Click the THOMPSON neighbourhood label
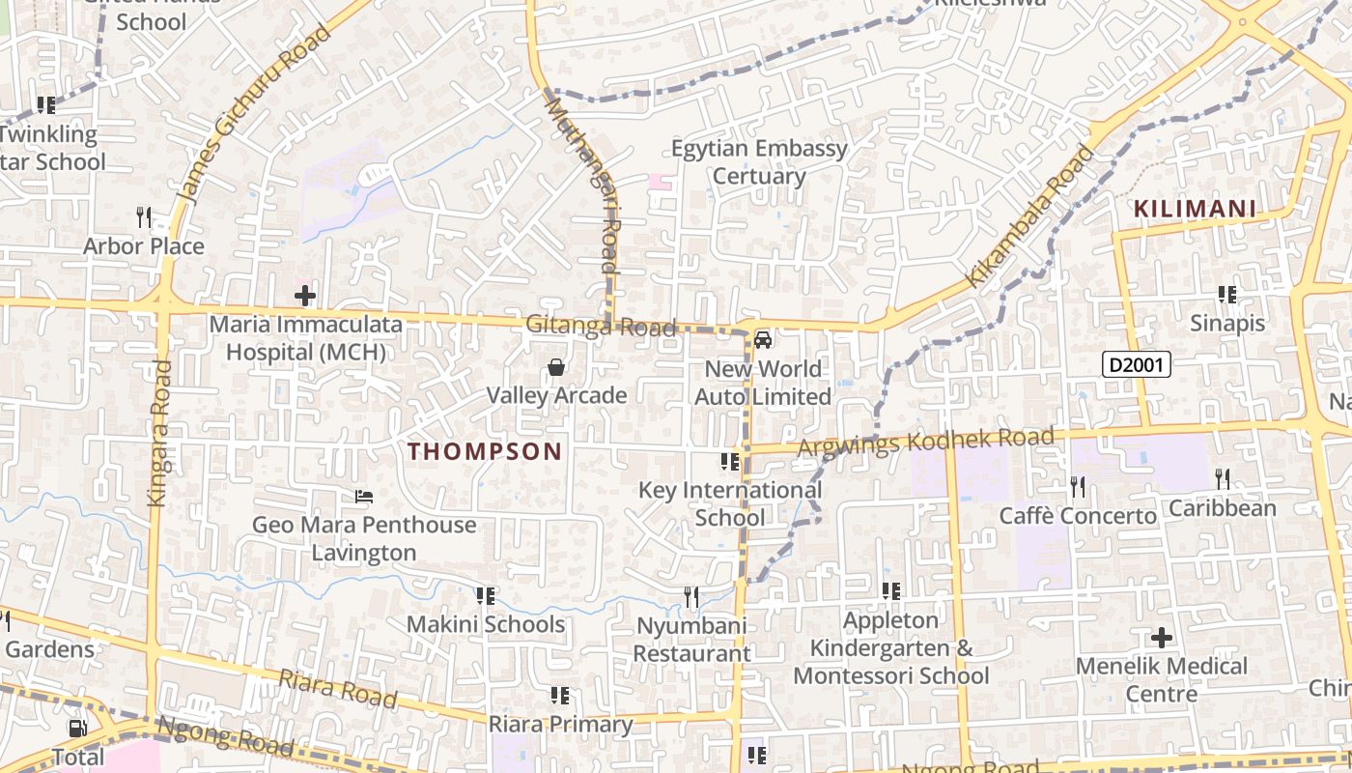[x=485, y=451]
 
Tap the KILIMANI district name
[x=1195, y=209]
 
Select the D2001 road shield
[x=1137, y=364]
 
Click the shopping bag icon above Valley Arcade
[x=556, y=367]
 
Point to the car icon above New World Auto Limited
[x=763, y=340]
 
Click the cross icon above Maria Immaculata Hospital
[x=305, y=296]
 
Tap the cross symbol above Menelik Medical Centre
[x=1162, y=638]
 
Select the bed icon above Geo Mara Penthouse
[x=364, y=498]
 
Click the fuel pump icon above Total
[x=77, y=729]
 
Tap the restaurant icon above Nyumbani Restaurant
[x=691, y=597]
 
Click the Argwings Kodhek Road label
[x=926, y=442]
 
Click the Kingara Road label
[x=159, y=432]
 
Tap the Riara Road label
[x=337, y=688]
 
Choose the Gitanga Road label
[x=601, y=327]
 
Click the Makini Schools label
[x=486, y=624]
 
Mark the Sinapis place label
[x=1226, y=323]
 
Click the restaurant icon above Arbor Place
[x=144, y=216]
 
